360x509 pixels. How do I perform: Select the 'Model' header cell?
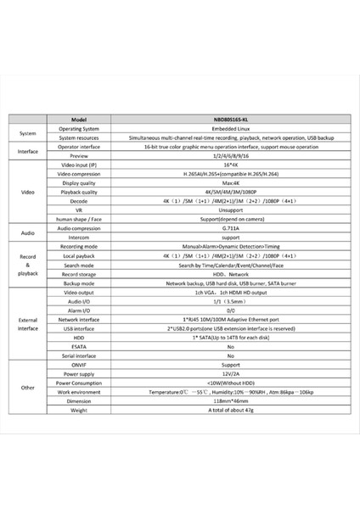[x=80, y=120]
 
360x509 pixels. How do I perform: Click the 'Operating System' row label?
[x=80, y=128]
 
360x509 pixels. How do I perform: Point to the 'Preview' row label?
[x=80, y=155]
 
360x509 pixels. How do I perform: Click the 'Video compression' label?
[x=80, y=173]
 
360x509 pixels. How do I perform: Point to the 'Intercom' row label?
[x=80, y=238]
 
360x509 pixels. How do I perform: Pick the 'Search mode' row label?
[x=80, y=265]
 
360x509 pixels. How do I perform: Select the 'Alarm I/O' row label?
[x=80, y=310]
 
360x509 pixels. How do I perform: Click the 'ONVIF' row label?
[x=80, y=365]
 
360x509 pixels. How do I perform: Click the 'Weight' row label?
[x=80, y=411]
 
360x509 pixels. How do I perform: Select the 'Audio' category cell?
[x=27, y=232]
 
